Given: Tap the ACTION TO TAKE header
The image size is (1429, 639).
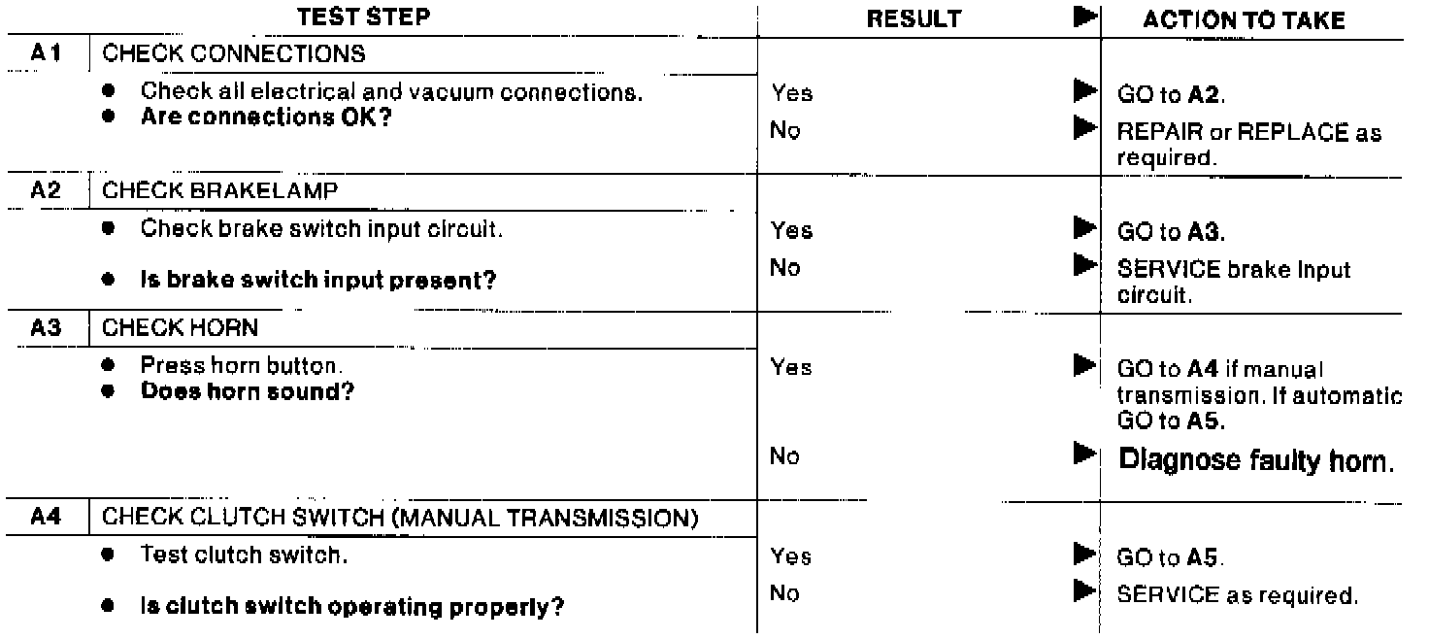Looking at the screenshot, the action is [x=1245, y=21].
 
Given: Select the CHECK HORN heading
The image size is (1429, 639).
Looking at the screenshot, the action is [x=199, y=329].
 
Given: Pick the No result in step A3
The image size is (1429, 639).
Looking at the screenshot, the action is [x=785, y=456].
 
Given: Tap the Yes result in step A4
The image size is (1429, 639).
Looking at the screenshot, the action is [x=791, y=556].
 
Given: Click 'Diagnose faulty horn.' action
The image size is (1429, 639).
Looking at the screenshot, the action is [x=1257, y=460].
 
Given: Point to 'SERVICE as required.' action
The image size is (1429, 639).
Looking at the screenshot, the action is [x=1237, y=595].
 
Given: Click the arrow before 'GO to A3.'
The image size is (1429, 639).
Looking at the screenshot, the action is [x=1083, y=230].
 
